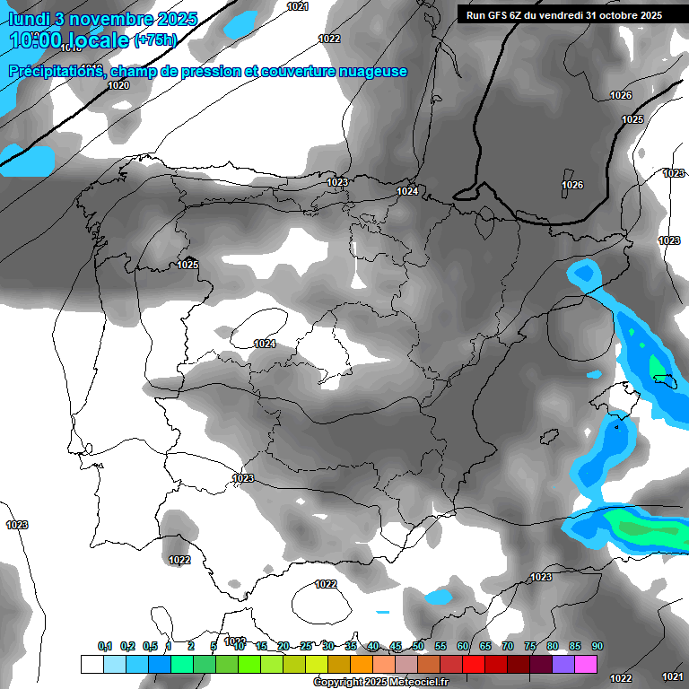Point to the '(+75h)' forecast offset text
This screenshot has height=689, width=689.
point(154,39)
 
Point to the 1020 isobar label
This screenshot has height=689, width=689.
point(118,85)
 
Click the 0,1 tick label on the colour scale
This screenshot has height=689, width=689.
point(104,646)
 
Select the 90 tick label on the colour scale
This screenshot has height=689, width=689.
point(597,646)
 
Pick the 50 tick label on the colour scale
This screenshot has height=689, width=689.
point(418,646)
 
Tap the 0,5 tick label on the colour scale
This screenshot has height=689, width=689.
point(149,646)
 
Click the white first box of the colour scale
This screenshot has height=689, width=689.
point(92,664)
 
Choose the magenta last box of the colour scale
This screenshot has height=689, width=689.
point(586,664)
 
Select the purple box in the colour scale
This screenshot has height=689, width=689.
point(563,664)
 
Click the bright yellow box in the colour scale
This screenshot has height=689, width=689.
point(317,664)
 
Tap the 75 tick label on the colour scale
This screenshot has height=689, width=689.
point(530,646)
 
